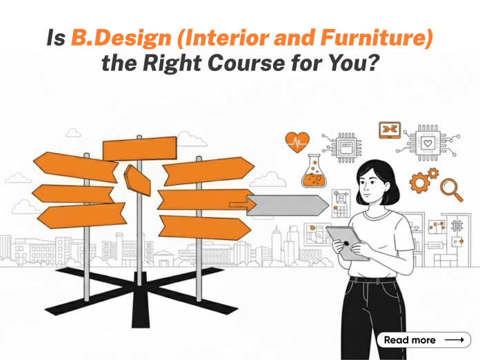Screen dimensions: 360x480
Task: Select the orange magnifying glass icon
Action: tap(451, 187)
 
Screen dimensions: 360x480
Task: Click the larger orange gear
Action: tap(419, 182)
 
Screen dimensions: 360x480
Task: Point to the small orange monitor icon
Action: tap(390, 129)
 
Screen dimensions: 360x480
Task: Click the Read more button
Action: tap(424, 340)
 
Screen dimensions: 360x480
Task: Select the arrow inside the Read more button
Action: tap(453, 340)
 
